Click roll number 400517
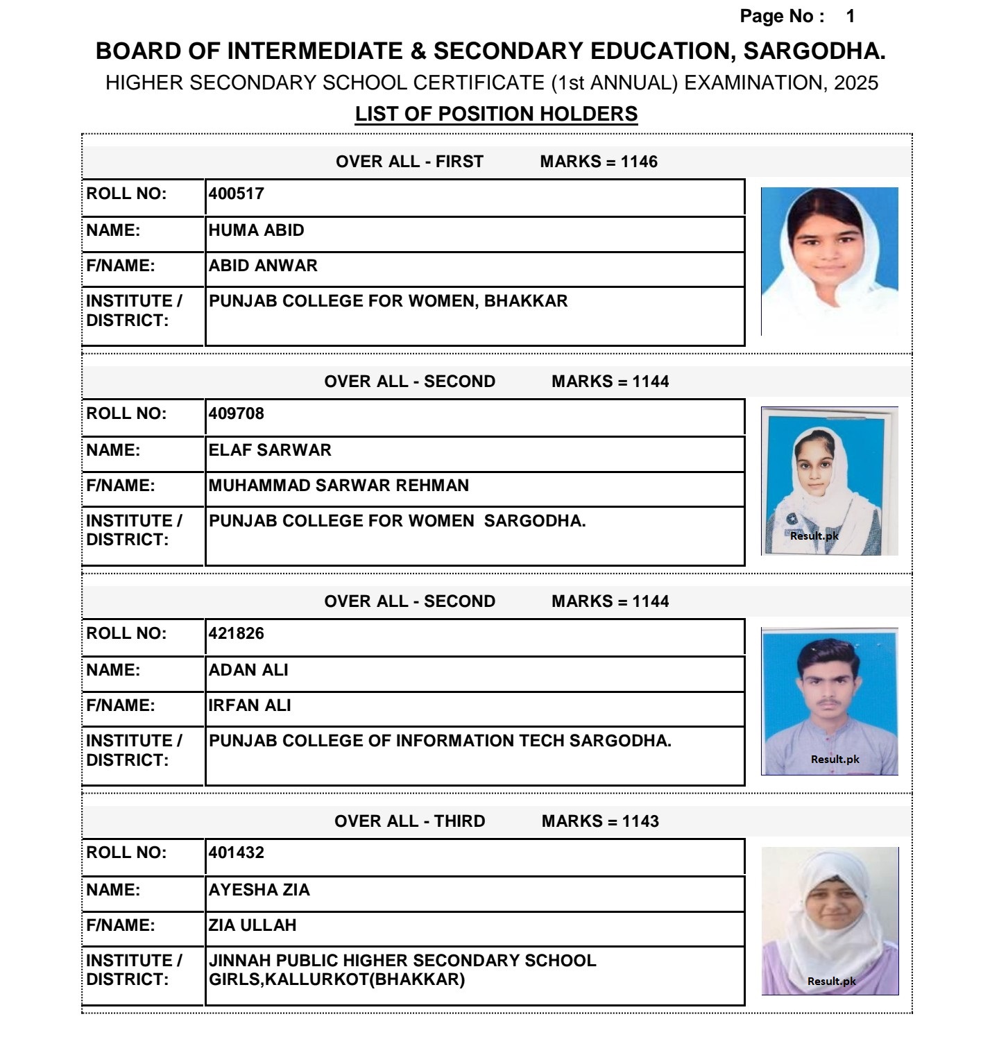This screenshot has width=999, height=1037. (x=237, y=194)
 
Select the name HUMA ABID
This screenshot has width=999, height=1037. (x=256, y=230)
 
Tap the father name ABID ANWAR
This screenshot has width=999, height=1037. (x=263, y=266)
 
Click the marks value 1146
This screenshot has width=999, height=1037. (x=639, y=162)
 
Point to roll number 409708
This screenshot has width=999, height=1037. (x=237, y=413)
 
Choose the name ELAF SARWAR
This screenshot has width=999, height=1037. (x=270, y=450)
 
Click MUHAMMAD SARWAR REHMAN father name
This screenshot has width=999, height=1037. (x=339, y=486)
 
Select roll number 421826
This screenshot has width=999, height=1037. (x=237, y=633)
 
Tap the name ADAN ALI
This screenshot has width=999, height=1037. (x=248, y=670)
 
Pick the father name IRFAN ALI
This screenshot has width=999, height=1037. (x=250, y=705)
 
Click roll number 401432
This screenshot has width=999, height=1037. (x=237, y=852)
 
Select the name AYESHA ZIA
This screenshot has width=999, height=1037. (x=259, y=890)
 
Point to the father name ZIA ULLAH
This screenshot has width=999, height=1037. (x=253, y=925)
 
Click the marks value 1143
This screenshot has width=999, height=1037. (x=640, y=821)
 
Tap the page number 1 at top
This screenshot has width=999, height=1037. (x=851, y=17)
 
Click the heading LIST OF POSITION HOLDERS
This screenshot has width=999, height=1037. (x=496, y=114)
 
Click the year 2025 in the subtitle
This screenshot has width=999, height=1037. (x=856, y=83)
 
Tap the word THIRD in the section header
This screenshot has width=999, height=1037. (x=459, y=821)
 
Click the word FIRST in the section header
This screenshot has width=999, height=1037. (x=459, y=162)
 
